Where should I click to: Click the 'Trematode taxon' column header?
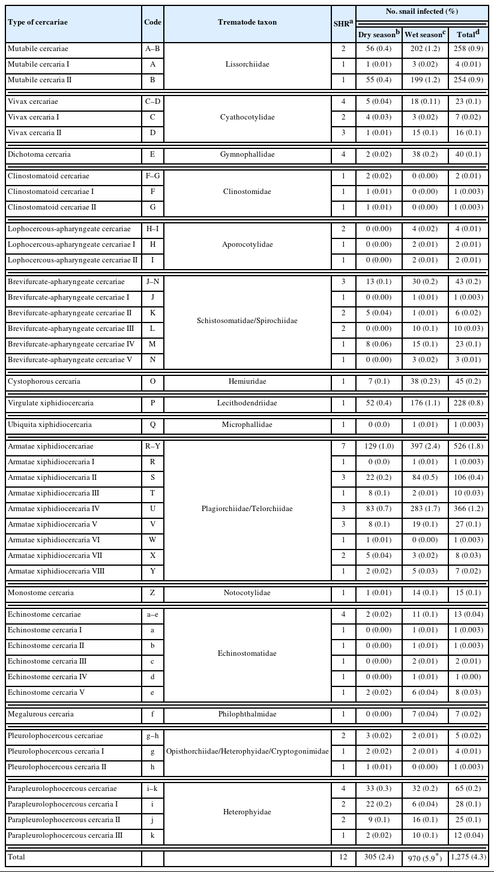tap(247, 22)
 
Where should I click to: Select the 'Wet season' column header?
tap(424, 34)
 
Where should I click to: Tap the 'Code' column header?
tap(152, 22)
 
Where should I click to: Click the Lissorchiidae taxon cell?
tap(247, 64)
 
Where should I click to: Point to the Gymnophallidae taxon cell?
tap(247, 154)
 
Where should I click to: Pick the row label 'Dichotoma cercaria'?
tap(39, 154)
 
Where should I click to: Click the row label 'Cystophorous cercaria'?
tap(44, 381)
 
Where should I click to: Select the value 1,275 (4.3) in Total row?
tap(468, 858)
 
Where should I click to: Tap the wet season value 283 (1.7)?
tap(424, 509)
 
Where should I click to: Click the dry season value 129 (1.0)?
tap(379, 446)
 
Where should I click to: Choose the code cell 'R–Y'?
tap(152, 446)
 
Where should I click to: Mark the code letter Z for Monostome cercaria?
tap(152, 593)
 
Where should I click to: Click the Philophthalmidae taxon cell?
tap(247, 714)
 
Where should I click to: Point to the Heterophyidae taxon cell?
tap(247, 811)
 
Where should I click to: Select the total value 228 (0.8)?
tap(468, 403)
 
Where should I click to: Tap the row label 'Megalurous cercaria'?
tap(41, 714)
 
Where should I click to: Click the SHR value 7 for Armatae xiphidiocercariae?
tap(343, 446)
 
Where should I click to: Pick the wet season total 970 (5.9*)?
tap(424, 858)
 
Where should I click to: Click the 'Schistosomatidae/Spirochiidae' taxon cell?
tap(247, 321)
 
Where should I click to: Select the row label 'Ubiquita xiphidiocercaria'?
tap(50, 425)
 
